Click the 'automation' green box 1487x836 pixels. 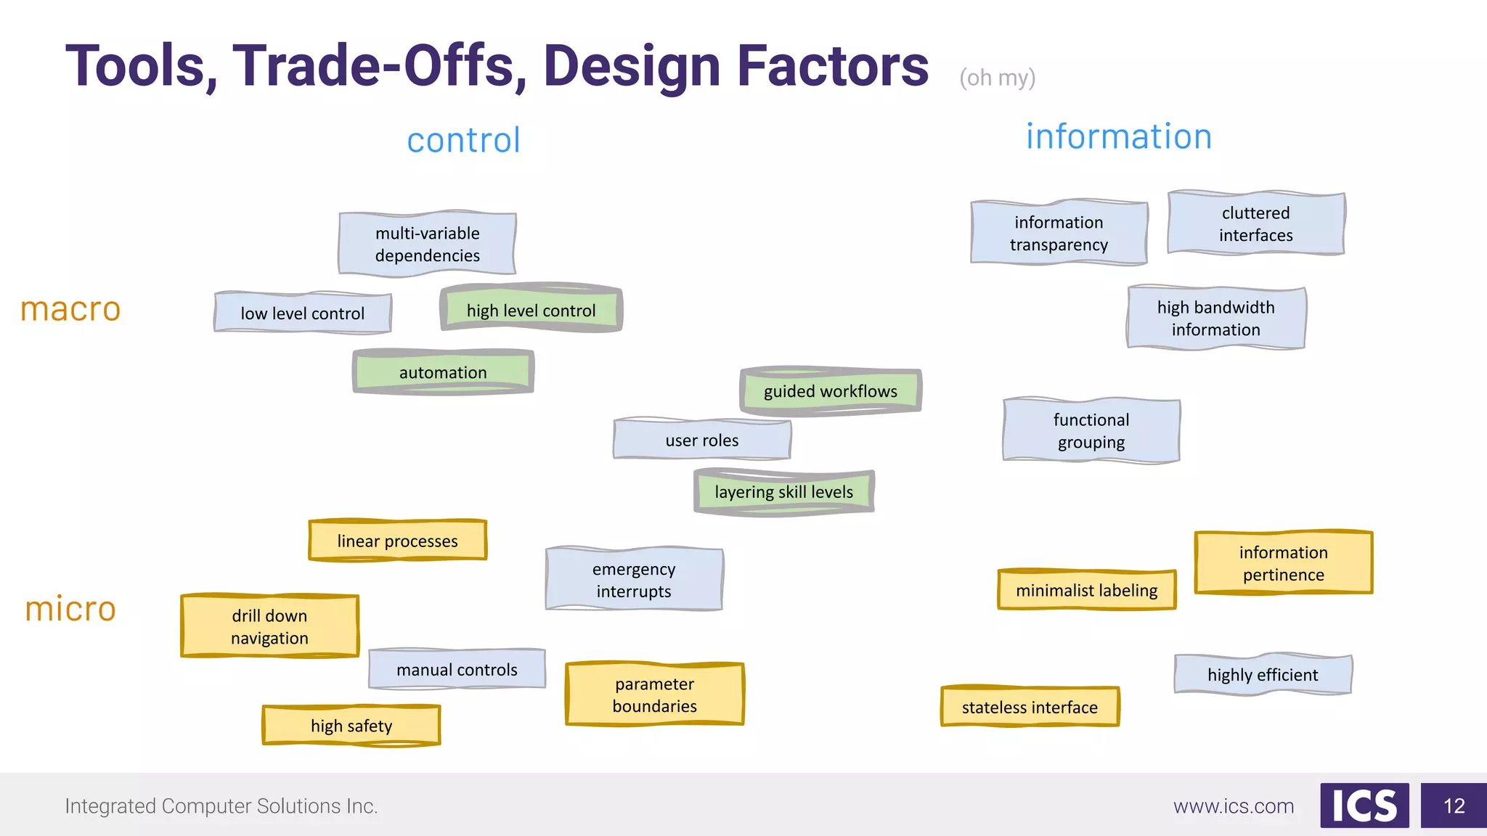click(x=443, y=372)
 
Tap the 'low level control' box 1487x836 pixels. click(x=303, y=313)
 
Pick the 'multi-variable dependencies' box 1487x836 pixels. click(x=427, y=244)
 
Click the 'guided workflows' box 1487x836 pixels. click(x=831, y=391)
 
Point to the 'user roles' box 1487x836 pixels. click(x=701, y=440)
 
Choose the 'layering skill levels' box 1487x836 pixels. click(x=783, y=492)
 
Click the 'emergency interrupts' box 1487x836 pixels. click(x=634, y=579)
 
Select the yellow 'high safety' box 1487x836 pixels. click(x=351, y=725)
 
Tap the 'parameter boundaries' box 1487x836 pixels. click(x=654, y=694)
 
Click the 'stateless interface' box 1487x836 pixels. click(x=1030, y=707)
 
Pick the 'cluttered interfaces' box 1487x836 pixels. click(x=1255, y=224)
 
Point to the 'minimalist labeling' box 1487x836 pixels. click(x=1086, y=590)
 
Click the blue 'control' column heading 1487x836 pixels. click(x=464, y=140)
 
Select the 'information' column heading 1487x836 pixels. click(x=1119, y=136)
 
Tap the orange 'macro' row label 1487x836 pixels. click(x=70, y=309)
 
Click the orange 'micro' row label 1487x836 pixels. click(x=70, y=609)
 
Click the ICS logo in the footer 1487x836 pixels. click(x=1364, y=806)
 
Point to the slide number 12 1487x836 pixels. click(x=1454, y=806)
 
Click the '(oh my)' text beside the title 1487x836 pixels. click(x=997, y=78)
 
